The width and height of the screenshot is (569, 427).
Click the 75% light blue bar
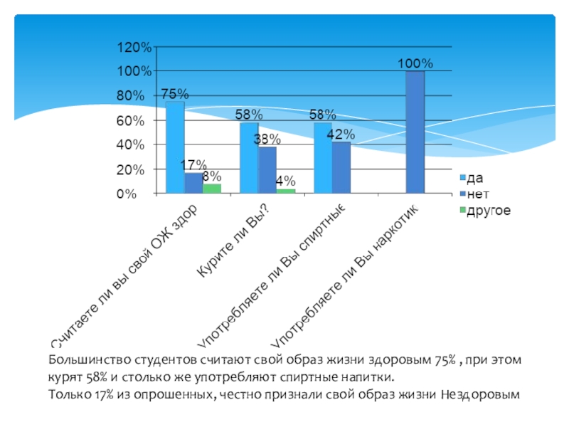tap(175, 147)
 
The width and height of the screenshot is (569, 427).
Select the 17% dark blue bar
tap(193, 182)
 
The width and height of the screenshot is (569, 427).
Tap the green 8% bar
tap(211, 188)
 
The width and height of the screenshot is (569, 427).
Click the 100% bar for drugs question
tap(415, 132)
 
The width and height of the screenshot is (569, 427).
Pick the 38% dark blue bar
tap(267, 169)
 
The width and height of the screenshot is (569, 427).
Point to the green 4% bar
tap(285, 191)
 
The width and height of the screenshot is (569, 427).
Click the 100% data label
tap(415, 64)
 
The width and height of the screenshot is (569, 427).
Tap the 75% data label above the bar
tap(174, 93)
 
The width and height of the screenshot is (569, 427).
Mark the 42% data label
tap(341, 134)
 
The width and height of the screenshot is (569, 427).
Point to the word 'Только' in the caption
tap(68, 394)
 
